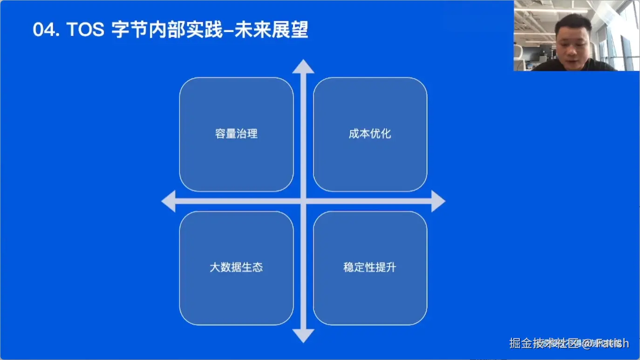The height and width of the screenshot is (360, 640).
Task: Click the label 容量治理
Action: (236, 134)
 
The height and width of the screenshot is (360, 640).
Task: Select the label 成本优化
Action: (370, 134)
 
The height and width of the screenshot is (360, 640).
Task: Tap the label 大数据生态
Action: (236, 267)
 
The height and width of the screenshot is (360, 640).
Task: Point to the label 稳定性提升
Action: (370, 267)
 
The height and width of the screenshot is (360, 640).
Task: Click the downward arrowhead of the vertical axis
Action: (303, 335)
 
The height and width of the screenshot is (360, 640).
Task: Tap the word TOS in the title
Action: (85, 30)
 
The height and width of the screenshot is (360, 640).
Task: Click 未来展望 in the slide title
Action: (271, 30)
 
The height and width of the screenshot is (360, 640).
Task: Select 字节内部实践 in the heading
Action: (168, 30)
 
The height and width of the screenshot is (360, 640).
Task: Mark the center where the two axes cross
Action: (303, 201)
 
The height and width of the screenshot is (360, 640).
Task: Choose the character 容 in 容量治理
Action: (220, 134)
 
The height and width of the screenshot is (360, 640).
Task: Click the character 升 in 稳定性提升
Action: (391, 267)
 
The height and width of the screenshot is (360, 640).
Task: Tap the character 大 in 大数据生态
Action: (215, 267)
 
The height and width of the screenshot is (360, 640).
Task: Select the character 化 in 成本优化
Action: (386, 134)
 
